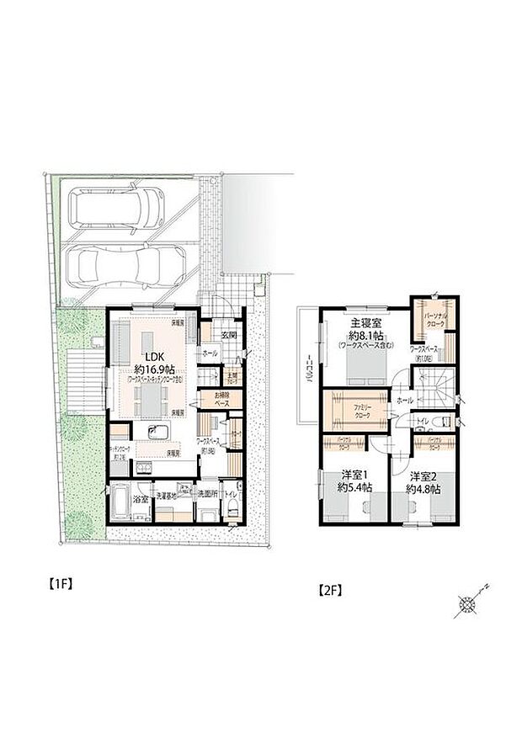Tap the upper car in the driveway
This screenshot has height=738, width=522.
coord(118,207)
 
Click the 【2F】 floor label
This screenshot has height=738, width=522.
coord(330,589)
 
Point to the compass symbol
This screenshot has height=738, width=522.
coord(466,603)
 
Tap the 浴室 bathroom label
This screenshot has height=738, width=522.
coord(141,499)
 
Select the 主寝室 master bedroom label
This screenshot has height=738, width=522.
coord(365,322)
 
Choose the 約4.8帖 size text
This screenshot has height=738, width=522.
coord(420,488)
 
